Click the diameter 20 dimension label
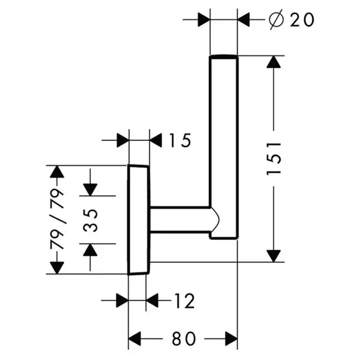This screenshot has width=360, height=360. tap(292, 20)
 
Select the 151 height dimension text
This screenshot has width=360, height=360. tap(274, 159)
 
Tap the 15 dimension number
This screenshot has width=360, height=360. tap(180, 140)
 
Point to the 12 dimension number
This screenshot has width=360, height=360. tap(184, 301)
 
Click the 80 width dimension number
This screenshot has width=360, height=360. tap(184, 338)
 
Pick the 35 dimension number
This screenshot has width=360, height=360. tap(90, 220)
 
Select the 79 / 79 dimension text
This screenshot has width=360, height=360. tap(57, 219)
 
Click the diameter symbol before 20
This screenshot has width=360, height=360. tap(277, 20)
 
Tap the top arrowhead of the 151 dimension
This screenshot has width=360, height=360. tap(274, 62)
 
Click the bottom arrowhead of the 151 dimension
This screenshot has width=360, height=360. tap(274, 256)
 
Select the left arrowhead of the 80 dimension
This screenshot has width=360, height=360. tap(134, 338)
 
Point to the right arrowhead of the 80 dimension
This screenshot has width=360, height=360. tap(231, 338)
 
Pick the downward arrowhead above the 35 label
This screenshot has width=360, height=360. tap(90, 190)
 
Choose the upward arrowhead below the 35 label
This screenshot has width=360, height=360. tap(90, 250)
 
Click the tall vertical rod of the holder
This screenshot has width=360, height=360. tap(224, 147)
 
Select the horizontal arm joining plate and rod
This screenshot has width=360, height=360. tap(180, 220)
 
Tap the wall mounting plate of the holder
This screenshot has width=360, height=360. tap(139, 220)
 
